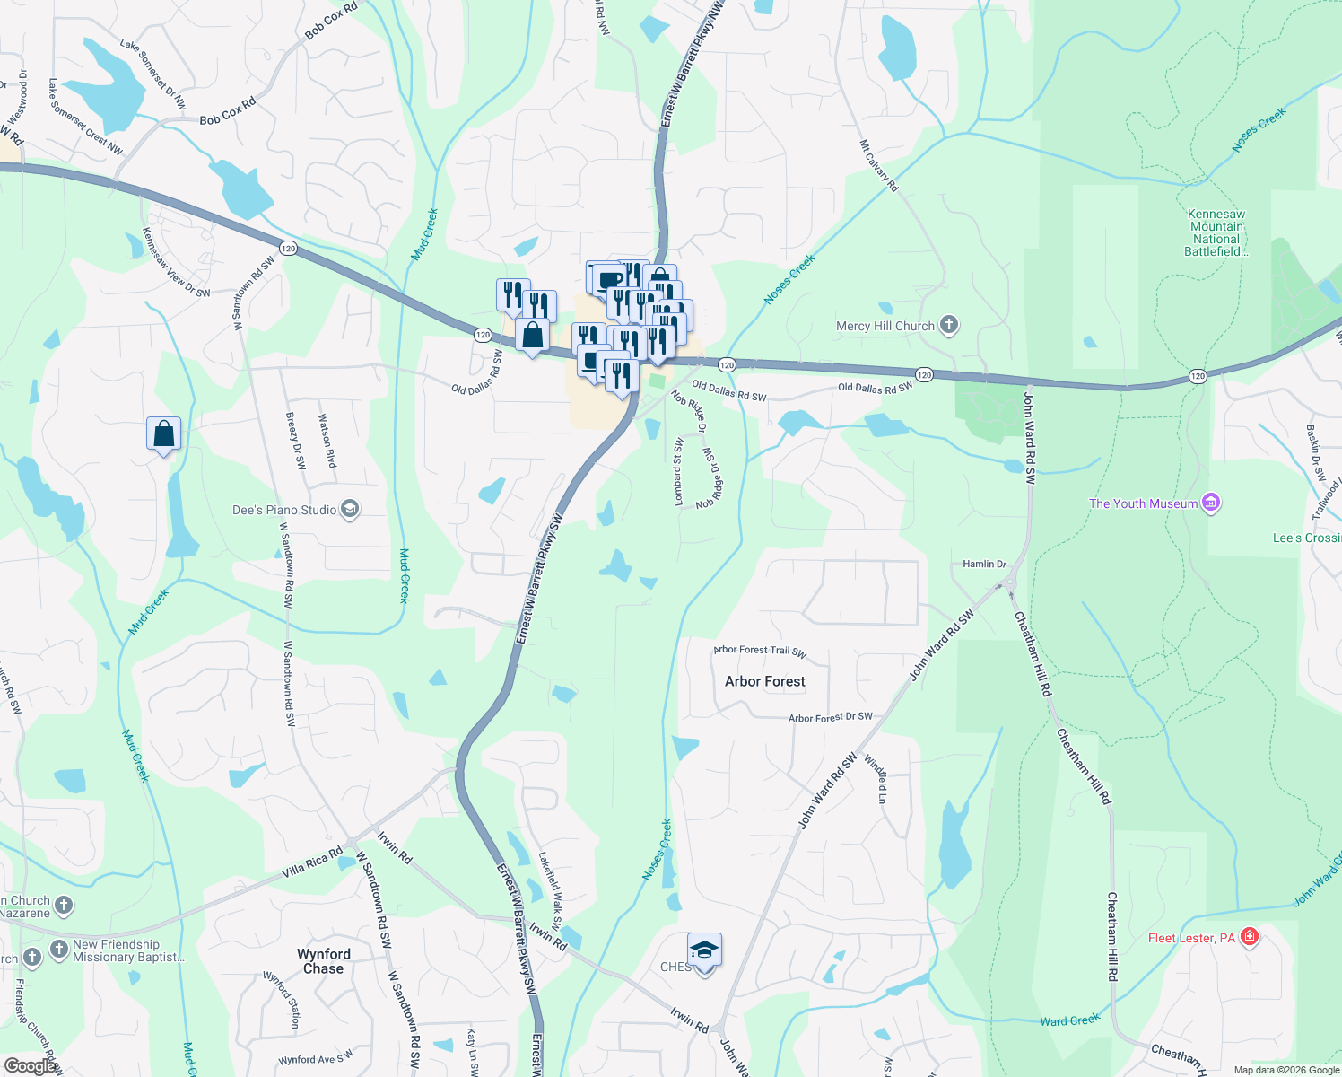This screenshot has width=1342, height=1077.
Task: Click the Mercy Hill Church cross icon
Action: pyautogui.click(x=949, y=326)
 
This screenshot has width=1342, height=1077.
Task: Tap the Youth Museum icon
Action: pyautogui.click(x=1211, y=503)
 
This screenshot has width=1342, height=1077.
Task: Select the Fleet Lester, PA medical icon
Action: pyautogui.click(x=1250, y=938)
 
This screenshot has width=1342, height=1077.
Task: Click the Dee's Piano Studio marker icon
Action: pyautogui.click(x=350, y=510)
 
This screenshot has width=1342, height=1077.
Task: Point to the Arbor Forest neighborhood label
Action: pyautogui.click(x=765, y=681)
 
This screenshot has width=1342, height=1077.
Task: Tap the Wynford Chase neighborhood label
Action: pyautogui.click(x=324, y=961)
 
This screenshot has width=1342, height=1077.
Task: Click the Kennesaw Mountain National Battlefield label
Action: pyautogui.click(x=1216, y=233)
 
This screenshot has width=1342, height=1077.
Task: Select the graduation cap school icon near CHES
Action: pyautogui.click(x=704, y=950)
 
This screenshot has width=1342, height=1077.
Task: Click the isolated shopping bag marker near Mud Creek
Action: pyautogui.click(x=164, y=434)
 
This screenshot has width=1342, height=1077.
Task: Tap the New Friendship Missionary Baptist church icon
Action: pyautogui.click(x=59, y=950)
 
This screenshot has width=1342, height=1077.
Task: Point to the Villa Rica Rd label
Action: pyautogui.click(x=311, y=862)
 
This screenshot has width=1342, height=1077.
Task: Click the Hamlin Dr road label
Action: pyautogui.click(x=984, y=564)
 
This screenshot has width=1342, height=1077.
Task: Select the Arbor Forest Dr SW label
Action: pyautogui.click(x=830, y=717)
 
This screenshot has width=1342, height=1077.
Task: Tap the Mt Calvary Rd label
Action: pyautogui.click(x=879, y=165)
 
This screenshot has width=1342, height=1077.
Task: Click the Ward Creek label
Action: pyautogui.click(x=1069, y=1020)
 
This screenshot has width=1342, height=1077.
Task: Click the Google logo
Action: pyautogui.click(x=30, y=1065)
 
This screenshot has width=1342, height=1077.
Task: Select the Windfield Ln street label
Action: pyautogui.click(x=876, y=778)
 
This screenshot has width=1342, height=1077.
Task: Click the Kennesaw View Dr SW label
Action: pyautogui.click(x=176, y=262)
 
